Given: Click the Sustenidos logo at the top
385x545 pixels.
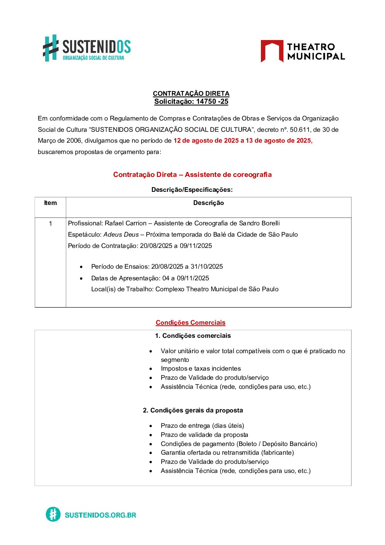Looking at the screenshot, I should [87, 48].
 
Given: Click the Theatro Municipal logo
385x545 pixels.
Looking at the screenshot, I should [302, 51].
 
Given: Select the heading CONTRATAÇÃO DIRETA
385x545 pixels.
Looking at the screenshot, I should [191, 94].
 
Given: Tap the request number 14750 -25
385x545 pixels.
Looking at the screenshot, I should [212, 102].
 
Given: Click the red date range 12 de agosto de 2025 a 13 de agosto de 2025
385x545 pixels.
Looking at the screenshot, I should [243, 141].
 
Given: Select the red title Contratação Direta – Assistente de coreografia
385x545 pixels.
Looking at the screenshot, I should [192, 174].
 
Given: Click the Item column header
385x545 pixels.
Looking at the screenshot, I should [50, 203].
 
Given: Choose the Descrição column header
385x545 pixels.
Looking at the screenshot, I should [209, 203].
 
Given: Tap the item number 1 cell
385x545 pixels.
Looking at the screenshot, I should [50, 224].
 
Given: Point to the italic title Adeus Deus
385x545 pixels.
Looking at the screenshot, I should [121, 234].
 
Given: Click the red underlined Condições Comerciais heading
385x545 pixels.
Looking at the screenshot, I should [190, 323].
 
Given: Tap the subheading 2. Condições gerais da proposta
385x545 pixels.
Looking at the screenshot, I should [193, 410].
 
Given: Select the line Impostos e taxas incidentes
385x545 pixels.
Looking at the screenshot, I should [201, 368].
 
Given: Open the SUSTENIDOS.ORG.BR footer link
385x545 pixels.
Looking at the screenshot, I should [100, 515].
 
